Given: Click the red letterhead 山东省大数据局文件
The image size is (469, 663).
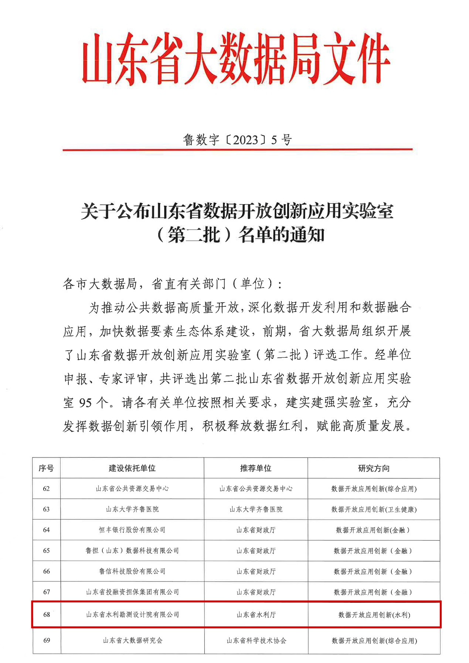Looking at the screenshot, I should (236, 59).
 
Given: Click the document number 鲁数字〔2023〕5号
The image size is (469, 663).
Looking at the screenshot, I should (237, 140).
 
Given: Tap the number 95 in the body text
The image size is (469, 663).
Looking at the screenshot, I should (85, 402).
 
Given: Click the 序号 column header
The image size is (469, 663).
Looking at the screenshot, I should (46, 468).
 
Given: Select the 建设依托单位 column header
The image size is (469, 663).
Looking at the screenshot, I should (132, 468).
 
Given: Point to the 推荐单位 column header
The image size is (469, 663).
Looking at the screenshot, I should (256, 468).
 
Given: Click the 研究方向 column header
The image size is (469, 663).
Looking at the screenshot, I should (374, 468).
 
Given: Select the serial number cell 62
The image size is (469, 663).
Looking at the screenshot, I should (46, 489).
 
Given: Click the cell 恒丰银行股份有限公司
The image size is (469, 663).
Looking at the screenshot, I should (132, 530).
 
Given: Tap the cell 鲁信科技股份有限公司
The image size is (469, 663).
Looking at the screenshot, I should (132, 571).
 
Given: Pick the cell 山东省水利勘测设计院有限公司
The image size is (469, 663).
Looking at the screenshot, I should (132, 615).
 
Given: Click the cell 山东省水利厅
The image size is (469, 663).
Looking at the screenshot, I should (256, 615).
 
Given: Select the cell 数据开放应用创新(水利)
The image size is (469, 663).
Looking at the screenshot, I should (374, 615).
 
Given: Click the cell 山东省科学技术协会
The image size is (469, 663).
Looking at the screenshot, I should (256, 640).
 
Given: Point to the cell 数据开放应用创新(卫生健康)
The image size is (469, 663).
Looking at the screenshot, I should (374, 509).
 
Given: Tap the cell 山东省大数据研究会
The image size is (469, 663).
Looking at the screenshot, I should (132, 640).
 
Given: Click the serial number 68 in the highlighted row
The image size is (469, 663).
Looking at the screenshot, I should (47, 615).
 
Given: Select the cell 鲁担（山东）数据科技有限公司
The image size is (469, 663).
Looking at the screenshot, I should (132, 551).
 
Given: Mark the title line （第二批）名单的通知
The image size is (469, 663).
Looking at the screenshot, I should (240, 235).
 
